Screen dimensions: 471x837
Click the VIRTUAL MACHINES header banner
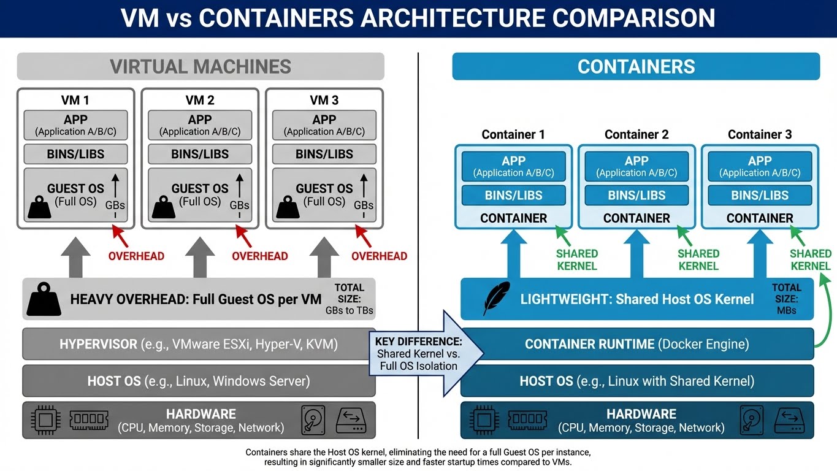click(x=201, y=66)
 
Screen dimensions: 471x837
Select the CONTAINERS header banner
click(x=636, y=66)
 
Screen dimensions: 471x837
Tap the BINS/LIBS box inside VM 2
click(x=200, y=154)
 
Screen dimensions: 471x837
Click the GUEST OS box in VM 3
click(x=324, y=195)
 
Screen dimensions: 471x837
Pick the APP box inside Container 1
click(x=513, y=166)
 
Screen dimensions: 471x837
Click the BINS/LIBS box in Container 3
click(x=760, y=196)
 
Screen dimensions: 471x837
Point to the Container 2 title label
click(x=636, y=134)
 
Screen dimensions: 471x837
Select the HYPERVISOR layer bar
click(x=199, y=344)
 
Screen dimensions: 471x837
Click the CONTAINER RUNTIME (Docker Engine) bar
click(x=636, y=344)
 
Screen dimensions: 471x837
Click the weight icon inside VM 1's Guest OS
click(x=39, y=207)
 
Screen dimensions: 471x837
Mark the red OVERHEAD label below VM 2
click(x=259, y=256)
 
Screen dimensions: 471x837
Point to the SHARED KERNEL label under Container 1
click(x=576, y=259)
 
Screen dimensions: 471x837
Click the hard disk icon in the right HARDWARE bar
click(x=752, y=420)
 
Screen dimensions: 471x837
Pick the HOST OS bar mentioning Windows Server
click(x=199, y=381)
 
